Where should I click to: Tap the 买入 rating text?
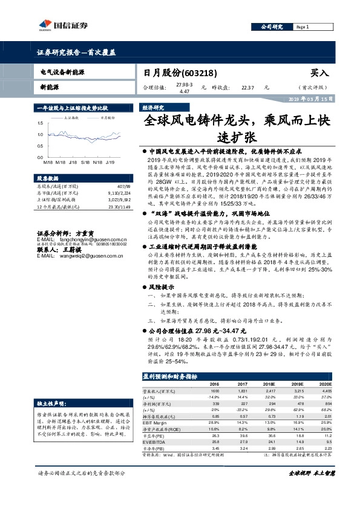pyautogui.click(x=319, y=73)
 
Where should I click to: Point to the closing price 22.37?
pyautogui.click(x=248, y=87)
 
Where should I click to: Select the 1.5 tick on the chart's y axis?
pyautogui.click(x=39, y=124)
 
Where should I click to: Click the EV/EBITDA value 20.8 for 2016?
pyautogui.click(x=215, y=441)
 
